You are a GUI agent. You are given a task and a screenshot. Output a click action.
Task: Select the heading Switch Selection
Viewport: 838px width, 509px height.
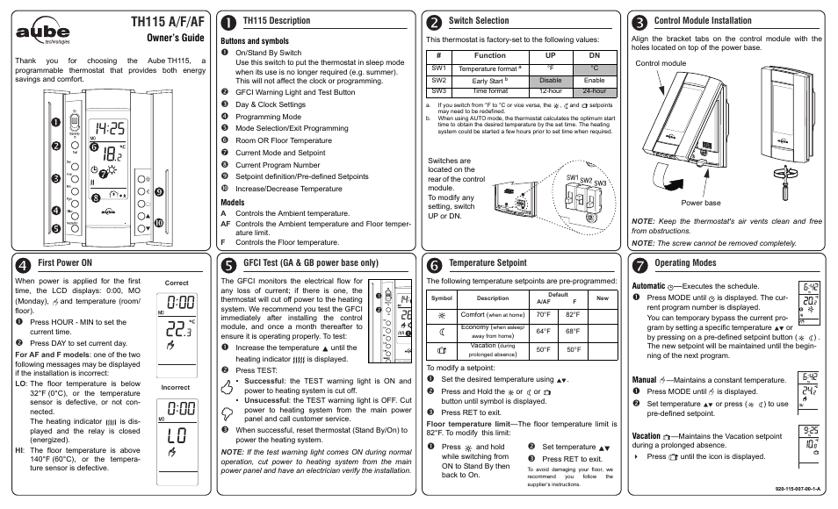[x=478, y=20]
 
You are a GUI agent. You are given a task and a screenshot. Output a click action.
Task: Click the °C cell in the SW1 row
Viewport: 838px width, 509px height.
[x=594, y=68]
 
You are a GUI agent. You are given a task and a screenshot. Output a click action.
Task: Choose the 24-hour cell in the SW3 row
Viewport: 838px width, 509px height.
[x=594, y=90]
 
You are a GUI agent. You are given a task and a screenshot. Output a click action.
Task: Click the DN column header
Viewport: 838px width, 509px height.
[x=594, y=54]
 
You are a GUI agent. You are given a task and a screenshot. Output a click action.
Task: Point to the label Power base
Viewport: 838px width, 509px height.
[x=700, y=203]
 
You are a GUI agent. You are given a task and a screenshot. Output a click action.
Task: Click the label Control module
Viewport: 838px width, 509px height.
[x=660, y=63]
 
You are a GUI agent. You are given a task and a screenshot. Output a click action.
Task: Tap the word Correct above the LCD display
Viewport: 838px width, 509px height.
[x=177, y=283]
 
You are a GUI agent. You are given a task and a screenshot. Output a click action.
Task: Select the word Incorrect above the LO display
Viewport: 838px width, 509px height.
[x=177, y=387]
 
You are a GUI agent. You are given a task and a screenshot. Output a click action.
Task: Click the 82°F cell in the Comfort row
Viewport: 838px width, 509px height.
[x=573, y=314]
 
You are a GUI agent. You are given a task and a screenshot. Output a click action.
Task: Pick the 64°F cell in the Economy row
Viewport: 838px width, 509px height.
[x=543, y=331]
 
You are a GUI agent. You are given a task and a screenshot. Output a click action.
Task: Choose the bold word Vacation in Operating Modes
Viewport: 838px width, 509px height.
[x=647, y=435]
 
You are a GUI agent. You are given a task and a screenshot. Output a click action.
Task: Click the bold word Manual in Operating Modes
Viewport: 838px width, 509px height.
[x=645, y=380]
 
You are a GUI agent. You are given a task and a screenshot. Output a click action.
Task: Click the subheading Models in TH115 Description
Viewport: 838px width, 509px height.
[x=233, y=201]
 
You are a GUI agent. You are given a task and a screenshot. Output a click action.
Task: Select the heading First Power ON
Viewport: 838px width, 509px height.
[x=66, y=262]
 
